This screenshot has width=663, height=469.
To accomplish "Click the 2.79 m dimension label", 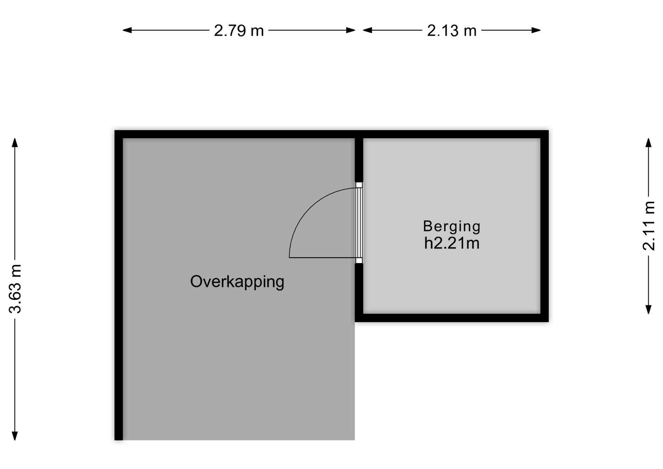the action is [x=239, y=30].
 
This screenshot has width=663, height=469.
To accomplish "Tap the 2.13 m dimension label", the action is [x=452, y=30].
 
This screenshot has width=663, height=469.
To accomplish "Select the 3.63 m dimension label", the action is [x=15, y=289].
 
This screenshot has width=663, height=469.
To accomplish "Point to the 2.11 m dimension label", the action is [x=648, y=226].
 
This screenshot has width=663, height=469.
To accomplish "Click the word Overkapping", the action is [x=237, y=282].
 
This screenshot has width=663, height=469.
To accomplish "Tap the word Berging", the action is [x=452, y=227].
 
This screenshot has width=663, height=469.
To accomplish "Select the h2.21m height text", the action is [x=452, y=243].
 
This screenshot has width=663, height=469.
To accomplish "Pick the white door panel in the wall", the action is [x=359, y=223].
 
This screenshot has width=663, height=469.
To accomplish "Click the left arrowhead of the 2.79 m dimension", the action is [x=127, y=30].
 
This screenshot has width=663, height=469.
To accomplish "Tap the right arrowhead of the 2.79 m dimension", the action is [x=351, y=30].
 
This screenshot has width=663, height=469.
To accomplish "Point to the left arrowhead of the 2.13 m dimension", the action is [x=367, y=30].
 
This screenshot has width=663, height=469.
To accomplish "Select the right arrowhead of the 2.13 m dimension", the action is [x=536, y=30].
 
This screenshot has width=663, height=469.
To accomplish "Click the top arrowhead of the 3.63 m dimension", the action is [x=15, y=143].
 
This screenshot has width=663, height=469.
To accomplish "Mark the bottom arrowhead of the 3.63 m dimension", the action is [x=15, y=436].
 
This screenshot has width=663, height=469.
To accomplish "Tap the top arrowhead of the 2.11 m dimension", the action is [x=648, y=143].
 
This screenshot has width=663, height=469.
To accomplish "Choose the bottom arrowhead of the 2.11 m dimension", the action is [x=648, y=309].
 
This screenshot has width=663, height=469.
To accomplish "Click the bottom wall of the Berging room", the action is [x=452, y=318].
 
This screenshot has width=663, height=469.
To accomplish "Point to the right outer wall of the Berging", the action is [x=545, y=226].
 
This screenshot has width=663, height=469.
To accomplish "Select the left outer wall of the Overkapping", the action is [x=119, y=285].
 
